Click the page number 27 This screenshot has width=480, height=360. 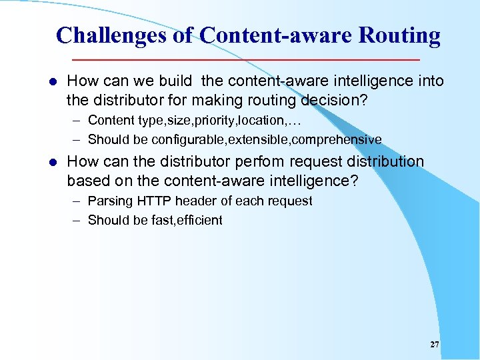pos(435,345)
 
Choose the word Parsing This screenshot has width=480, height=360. pos(111,201)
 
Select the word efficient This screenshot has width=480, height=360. pos(198,220)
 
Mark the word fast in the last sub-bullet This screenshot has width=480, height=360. pos(162,220)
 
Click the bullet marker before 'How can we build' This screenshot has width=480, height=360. pos(53,82)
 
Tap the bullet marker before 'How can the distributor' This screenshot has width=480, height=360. pos(53,163)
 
